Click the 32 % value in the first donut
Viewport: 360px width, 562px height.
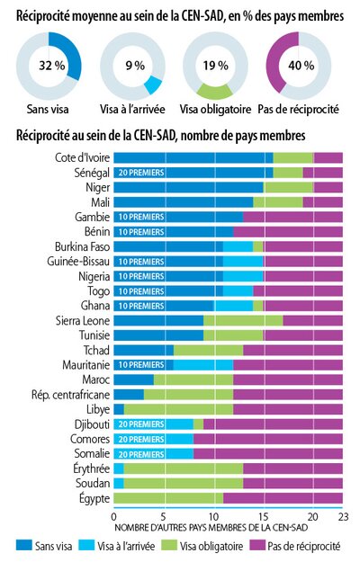52,66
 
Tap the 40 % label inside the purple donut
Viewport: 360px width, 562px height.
301,66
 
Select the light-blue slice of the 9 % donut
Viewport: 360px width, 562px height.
153,85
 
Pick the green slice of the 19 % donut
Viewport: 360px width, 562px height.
215,92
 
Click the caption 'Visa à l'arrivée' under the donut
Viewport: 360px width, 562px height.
132,109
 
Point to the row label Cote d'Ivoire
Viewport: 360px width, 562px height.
82,157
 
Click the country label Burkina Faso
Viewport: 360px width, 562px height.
82,246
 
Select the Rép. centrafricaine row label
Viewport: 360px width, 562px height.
70,395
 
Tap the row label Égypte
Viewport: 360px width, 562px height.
94,498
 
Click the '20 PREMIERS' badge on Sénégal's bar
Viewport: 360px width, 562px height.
141,173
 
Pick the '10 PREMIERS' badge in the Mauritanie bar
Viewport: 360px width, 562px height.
141,365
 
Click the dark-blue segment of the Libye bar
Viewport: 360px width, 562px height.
119,409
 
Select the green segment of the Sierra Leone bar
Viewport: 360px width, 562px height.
243,320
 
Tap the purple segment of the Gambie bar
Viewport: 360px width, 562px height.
292,217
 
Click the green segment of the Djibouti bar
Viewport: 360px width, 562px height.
199,424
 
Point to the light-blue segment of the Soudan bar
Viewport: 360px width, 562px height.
119,483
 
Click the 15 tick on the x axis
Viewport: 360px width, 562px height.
263,516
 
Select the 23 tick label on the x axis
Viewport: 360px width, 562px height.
343,516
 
